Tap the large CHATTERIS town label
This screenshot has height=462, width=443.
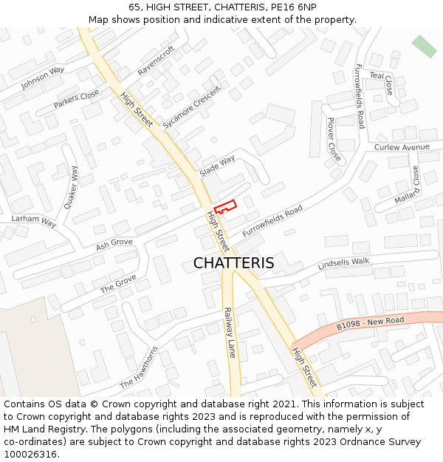(x=233, y=263)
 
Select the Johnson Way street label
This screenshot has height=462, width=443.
(x=43, y=78)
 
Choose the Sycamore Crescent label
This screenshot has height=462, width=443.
(x=192, y=111)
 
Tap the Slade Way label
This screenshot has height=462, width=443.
(x=217, y=165)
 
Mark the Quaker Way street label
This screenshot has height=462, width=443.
(x=71, y=186)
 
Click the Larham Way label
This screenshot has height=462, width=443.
(x=34, y=221)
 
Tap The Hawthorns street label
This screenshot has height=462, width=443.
(x=139, y=367)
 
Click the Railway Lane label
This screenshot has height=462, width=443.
(x=229, y=333)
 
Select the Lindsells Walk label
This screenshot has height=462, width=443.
(x=343, y=264)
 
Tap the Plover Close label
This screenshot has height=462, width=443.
(x=334, y=140)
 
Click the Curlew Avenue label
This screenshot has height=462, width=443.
(x=402, y=147)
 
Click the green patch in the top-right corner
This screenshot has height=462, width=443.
(x=424, y=46)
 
